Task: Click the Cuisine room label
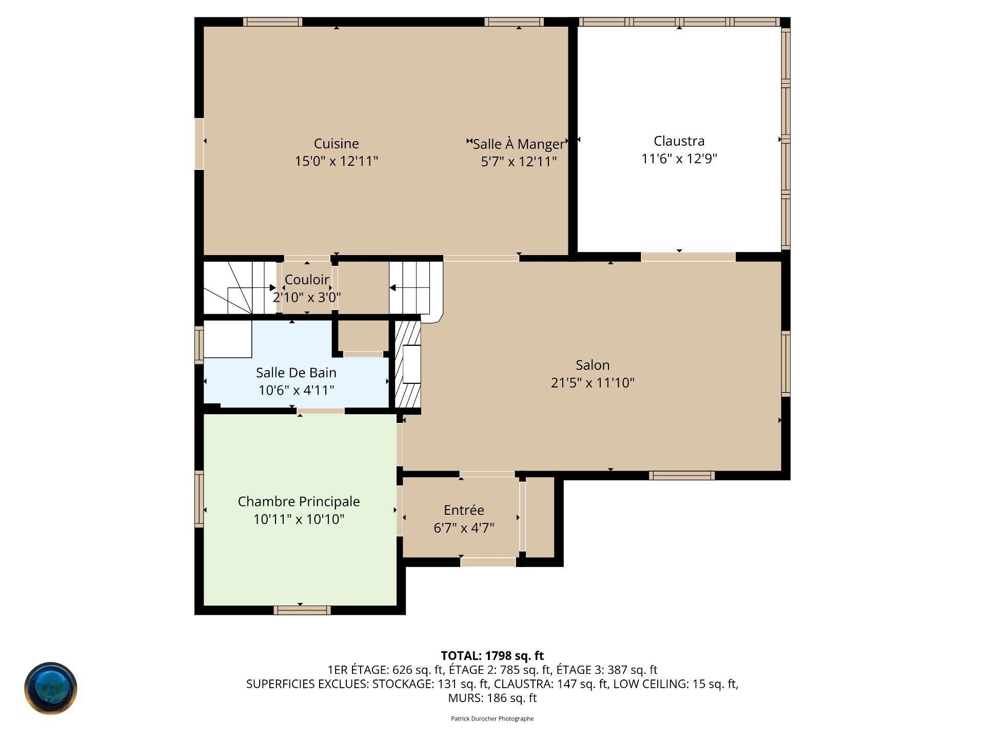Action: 336,144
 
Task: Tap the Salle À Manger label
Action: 518,144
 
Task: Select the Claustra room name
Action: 679,141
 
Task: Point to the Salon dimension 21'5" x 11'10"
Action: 593,383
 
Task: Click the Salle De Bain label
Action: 296,373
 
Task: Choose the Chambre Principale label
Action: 299,502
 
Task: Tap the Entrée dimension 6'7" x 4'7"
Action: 464,528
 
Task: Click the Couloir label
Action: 307,280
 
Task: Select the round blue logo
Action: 51,688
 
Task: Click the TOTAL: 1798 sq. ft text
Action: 493,655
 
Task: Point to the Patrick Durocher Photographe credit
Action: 493,718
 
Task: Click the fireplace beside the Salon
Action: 408,365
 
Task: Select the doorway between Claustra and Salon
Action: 688,257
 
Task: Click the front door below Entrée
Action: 488,562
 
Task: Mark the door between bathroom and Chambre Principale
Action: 321,411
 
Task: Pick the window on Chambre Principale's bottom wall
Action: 302,610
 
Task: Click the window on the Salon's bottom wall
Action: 682,476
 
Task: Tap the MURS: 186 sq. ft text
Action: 493,698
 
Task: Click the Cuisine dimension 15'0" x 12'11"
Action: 336,161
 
